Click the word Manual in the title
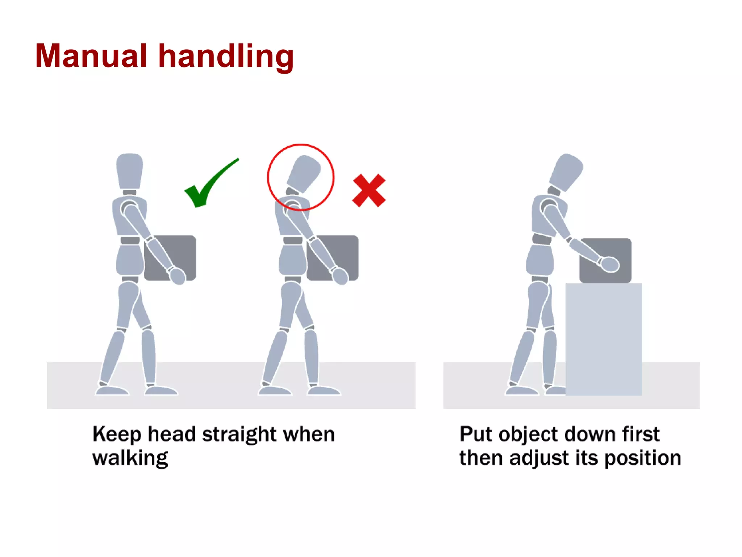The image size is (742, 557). click(x=91, y=56)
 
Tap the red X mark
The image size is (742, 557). click(x=369, y=191)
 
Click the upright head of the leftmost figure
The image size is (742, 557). click(x=129, y=170)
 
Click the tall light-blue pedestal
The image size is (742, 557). click(x=604, y=339)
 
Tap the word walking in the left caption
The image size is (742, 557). click(x=130, y=458)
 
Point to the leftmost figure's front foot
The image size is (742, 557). click(x=161, y=391)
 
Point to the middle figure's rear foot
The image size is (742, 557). click(x=275, y=391)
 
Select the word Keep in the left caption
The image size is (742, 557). click(x=117, y=434)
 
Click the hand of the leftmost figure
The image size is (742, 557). click(x=178, y=276)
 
